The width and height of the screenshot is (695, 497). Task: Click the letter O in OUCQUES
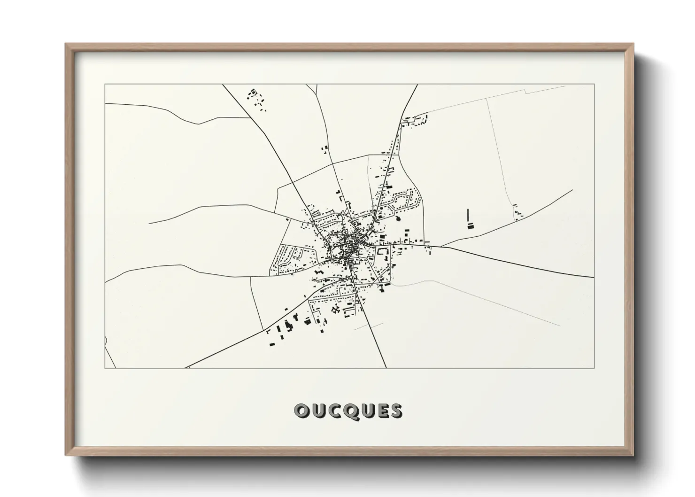click(301, 411)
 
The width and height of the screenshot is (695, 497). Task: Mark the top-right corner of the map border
click(594, 84)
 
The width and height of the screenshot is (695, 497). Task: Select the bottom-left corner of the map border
click(105, 368)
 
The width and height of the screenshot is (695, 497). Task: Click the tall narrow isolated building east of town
click(468, 217)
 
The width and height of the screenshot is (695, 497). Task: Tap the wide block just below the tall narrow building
click(471, 226)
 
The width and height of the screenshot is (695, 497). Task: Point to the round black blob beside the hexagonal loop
click(399, 218)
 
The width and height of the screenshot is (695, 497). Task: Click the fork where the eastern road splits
click(440, 246)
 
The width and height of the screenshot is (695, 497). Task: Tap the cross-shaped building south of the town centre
click(335, 309)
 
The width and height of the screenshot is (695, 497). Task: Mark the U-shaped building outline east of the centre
click(383, 253)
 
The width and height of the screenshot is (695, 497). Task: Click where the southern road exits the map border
click(386, 368)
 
